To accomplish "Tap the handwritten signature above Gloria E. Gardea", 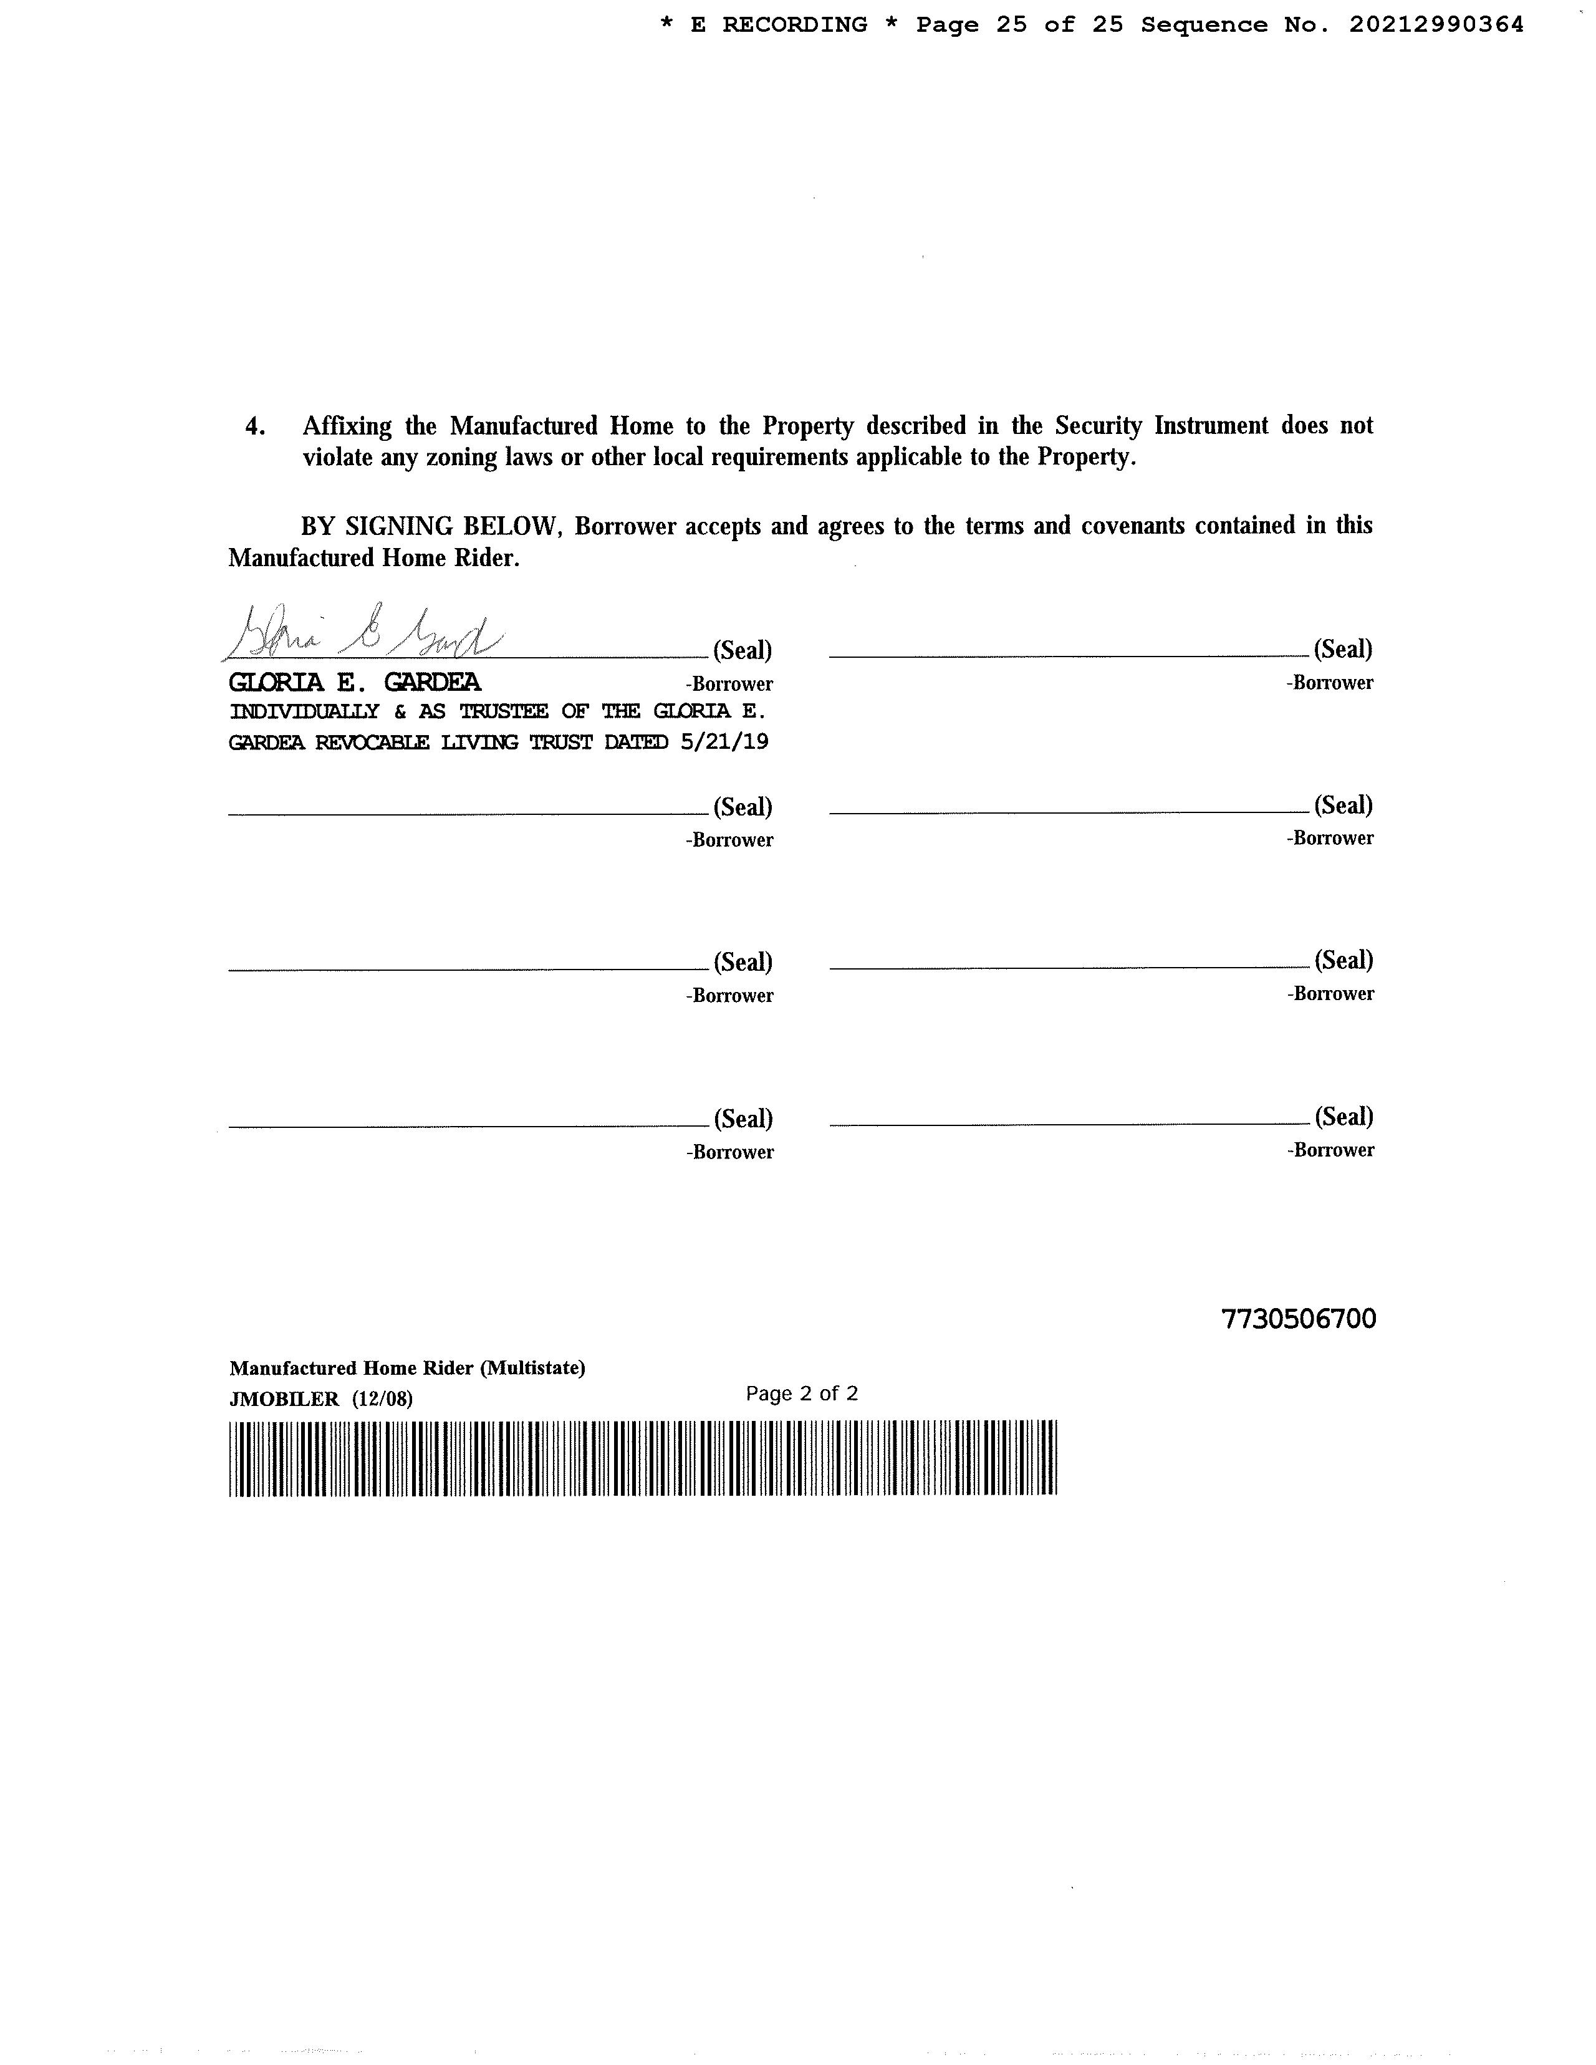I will coord(364,632).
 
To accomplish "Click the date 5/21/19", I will coord(724,742).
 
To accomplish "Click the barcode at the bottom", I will coord(642,1457).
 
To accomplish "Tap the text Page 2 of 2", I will coord(802,1393).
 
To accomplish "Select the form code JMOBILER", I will coord(284,1399).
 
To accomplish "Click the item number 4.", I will coord(254,426).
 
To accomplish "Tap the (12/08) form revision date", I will coord(382,1399).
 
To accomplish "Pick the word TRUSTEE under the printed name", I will coord(503,712).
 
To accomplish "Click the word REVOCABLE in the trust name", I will coord(372,743).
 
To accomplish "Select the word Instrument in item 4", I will coord(1210,426).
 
